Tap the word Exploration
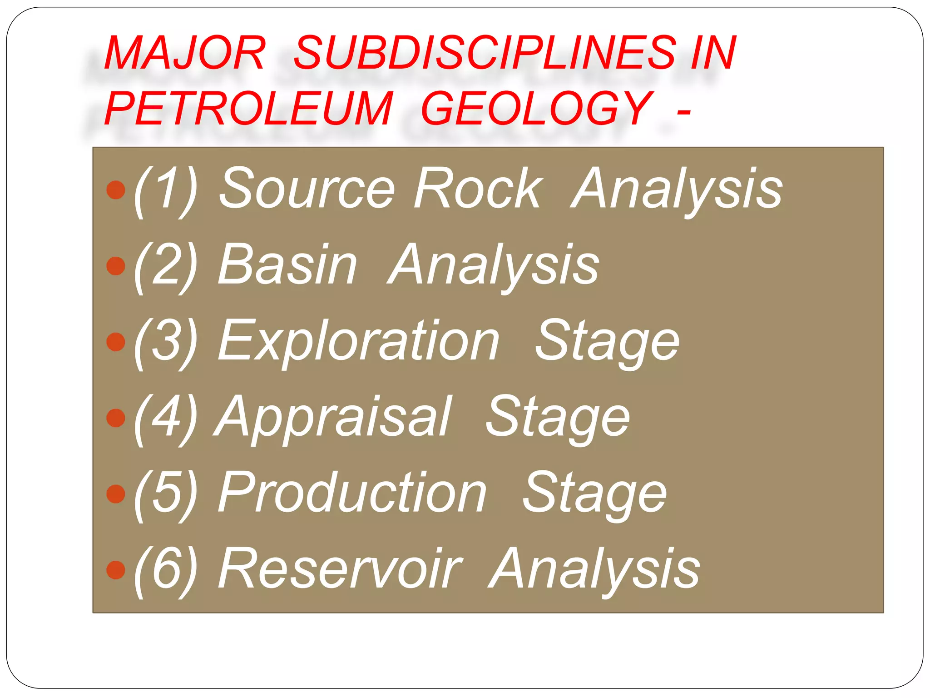[x=359, y=341]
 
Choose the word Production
[x=352, y=493]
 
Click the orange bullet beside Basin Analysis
[x=116, y=266]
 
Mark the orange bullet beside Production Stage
[x=116, y=494]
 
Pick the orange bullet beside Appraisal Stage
[x=116, y=418]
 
